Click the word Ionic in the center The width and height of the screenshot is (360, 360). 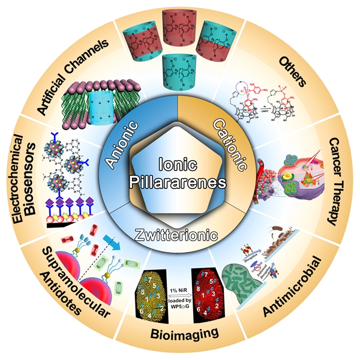(x=181, y=163)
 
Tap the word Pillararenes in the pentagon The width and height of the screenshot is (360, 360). (x=181, y=182)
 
